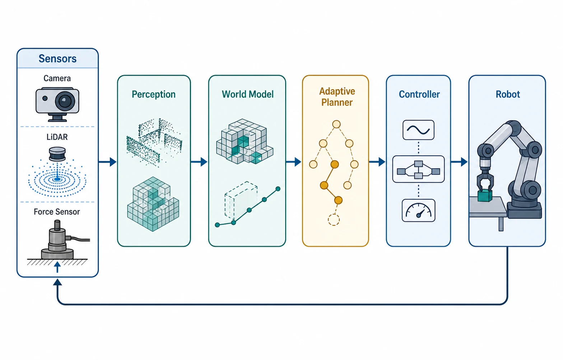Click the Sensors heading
click(x=57, y=59)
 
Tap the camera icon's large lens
click(x=65, y=101)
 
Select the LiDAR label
click(x=57, y=137)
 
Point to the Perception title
click(x=154, y=94)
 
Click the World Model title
click(x=248, y=94)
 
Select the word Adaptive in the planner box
click(x=337, y=91)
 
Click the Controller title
click(x=419, y=94)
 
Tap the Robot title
click(x=508, y=94)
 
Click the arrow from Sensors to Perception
click(x=108, y=162)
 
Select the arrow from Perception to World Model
click(x=199, y=162)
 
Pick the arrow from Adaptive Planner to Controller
click(x=377, y=162)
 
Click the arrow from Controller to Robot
click(x=459, y=162)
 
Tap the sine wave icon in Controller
click(x=418, y=130)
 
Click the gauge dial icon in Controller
click(x=419, y=211)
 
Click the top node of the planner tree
click(x=336, y=124)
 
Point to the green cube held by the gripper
click(x=485, y=196)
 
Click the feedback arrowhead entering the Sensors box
click(x=57, y=282)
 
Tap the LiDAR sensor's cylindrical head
click(x=57, y=154)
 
